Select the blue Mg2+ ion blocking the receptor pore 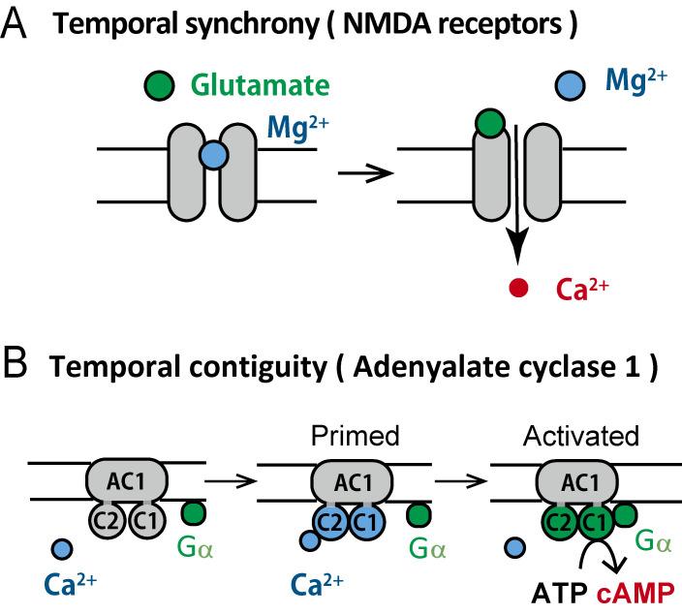coord(213,154)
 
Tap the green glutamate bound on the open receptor coord(491,124)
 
